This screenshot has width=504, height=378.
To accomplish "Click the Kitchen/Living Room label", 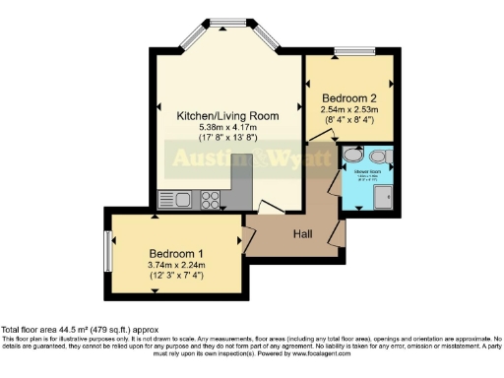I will (227, 115).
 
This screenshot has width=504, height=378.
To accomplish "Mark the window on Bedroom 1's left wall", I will (107, 251).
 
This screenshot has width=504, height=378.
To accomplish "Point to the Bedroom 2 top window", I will (348, 51).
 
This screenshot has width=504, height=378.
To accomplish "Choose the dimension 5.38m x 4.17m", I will (227, 127).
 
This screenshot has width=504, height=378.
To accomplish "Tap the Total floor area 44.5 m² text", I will (79, 329).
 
